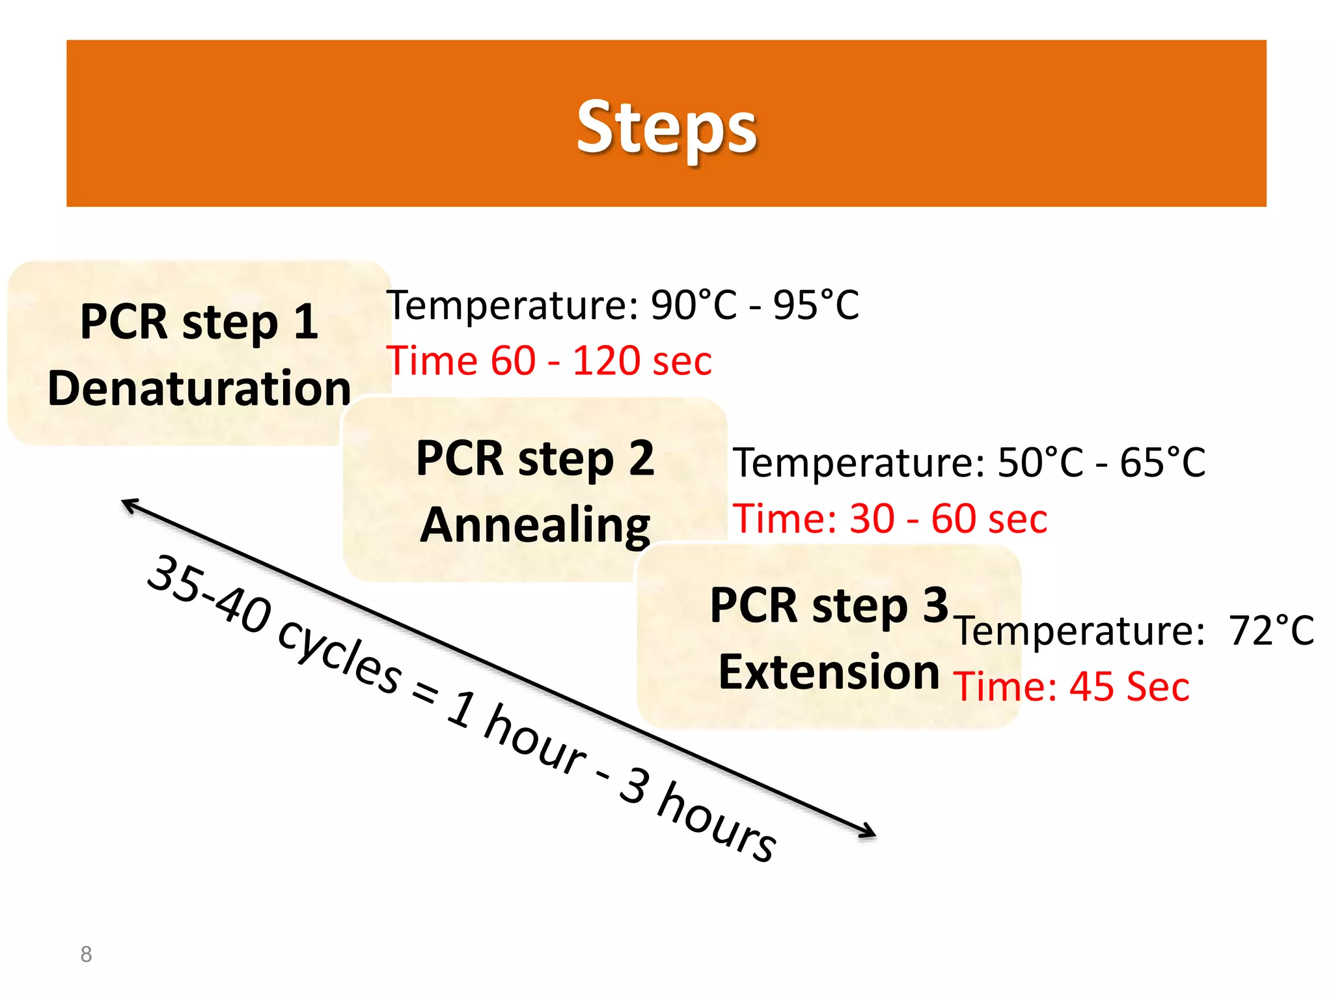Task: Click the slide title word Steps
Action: [x=666, y=127]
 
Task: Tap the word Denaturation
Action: [x=199, y=389]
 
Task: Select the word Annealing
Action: [x=535, y=525]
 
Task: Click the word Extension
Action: [x=829, y=672]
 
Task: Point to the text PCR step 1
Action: [x=199, y=322]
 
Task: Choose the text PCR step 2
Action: [x=535, y=458]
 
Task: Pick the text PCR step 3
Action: [x=829, y=605]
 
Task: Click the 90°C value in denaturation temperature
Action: [x=694, y=305]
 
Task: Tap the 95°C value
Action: [x=816, y=305]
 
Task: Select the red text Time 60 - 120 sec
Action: [x=549, y=361]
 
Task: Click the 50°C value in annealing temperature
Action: [x=1040, y=463]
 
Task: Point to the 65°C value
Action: [x=1162, y=463]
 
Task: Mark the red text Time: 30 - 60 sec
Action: [x=890, y=519]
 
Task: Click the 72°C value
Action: [x=1271, y=631]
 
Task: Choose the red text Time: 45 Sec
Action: [x=1071, y=687]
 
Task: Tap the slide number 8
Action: [x=86, y=954]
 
